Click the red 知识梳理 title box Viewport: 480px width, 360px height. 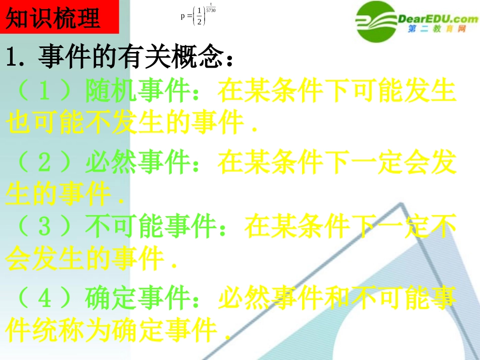click(x=60, y=18)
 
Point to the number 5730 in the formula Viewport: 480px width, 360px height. click(x=211, y=10)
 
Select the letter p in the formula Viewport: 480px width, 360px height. click(x=183, y=16)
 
